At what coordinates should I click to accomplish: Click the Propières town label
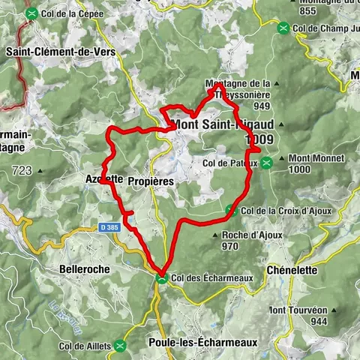point(151,181)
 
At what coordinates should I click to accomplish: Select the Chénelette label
point(292,270)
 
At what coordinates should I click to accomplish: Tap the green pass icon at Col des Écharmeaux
point(161,278)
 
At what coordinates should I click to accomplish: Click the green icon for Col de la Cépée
point(31,13)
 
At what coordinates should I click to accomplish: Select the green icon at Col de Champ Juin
point(283,28)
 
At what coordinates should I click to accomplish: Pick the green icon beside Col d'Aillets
point(124,346)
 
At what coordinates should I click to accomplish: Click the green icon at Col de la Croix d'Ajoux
point(231,209)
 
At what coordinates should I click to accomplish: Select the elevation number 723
point(22,171)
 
